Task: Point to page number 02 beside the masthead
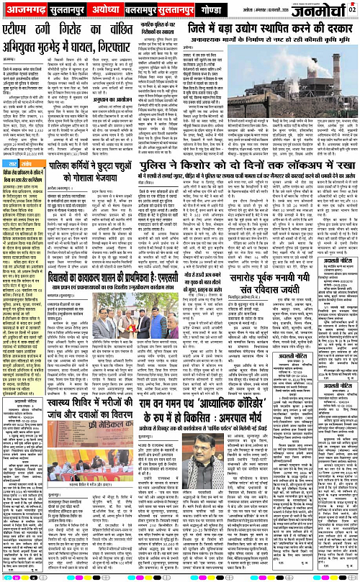tap(353, 8)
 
